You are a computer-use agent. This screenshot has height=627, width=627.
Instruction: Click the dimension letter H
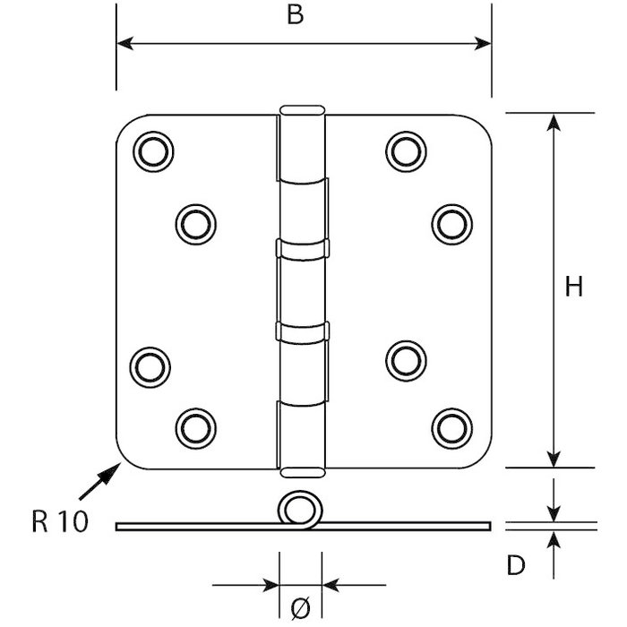(574, 287)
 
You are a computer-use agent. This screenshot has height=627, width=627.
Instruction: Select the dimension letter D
(514, 565)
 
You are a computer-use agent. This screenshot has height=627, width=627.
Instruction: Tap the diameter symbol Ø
(301, 608)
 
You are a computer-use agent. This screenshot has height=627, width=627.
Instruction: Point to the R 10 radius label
(60, 522)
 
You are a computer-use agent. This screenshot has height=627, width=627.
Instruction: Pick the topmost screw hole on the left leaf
(153, 151)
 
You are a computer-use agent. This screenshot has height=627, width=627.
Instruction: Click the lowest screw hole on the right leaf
(451, 427)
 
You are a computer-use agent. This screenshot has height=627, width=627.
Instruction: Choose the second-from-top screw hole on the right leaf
(451, 224)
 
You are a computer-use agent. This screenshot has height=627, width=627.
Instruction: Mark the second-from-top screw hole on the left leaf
(196, 224)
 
